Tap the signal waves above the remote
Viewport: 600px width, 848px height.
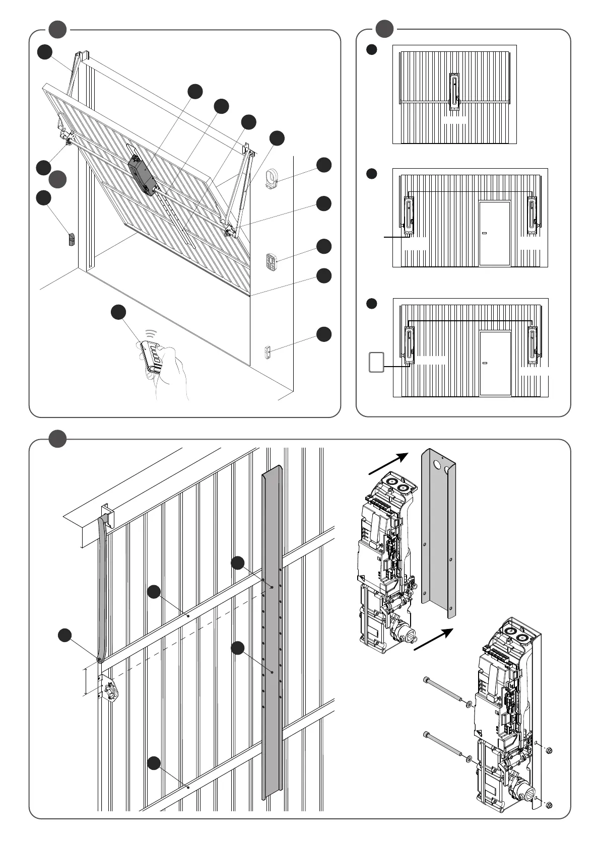pos(151,334)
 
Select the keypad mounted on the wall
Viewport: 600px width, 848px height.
pos(271,261)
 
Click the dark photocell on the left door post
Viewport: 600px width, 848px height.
pos(71,239)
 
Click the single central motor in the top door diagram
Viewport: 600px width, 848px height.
pos(454,91)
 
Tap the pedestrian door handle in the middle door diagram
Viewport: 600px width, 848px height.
pos(485,233)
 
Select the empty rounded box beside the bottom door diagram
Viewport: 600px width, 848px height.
pos(376,362)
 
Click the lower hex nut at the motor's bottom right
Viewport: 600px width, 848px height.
pos(549,805)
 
